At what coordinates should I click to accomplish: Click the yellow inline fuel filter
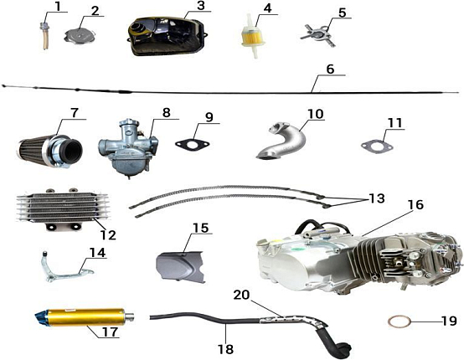[x=253, y=36]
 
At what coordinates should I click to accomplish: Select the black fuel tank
[x=168, y=36]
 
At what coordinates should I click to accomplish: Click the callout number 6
[x=330, y=69]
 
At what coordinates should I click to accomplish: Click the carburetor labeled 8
[x=128, y=148]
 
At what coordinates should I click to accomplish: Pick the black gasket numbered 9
[x=193, y=145]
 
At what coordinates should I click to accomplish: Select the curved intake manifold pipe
[x=284, y=141]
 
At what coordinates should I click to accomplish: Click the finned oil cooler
[x=62, y=208]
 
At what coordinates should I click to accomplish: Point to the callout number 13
[x=377, y=198]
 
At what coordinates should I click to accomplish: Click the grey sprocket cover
[x=181, y=266]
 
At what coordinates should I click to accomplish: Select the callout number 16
[x=415, y=204]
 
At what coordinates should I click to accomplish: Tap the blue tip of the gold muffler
[x=41, y=318]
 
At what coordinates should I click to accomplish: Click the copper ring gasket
[x=400, y=322]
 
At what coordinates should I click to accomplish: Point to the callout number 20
[x=242, y=295]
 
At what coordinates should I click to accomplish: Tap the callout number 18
[x=225, y=349]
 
